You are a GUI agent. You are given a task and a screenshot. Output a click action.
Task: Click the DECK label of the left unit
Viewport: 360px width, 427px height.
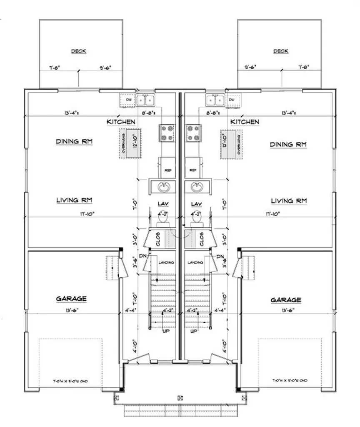[79, 51]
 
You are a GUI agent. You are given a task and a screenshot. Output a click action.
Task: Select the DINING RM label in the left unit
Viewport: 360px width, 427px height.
[74, 142]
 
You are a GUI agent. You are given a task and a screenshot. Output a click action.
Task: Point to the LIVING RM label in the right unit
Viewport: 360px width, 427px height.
[289, 201]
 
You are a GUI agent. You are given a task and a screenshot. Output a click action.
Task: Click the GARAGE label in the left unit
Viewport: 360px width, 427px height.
[71, 299]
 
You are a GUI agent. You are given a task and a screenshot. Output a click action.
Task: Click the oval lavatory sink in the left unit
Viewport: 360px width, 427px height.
[165, 187]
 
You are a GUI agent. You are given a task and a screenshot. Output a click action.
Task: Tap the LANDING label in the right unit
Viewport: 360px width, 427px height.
[195, 262]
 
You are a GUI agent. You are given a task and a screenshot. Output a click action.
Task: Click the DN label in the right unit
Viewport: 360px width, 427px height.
[220, 256]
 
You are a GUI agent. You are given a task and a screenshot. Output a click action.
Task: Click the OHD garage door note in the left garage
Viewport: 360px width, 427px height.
[71, 381]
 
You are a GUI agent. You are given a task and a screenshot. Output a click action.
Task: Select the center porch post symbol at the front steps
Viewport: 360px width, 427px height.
[180, 397]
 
